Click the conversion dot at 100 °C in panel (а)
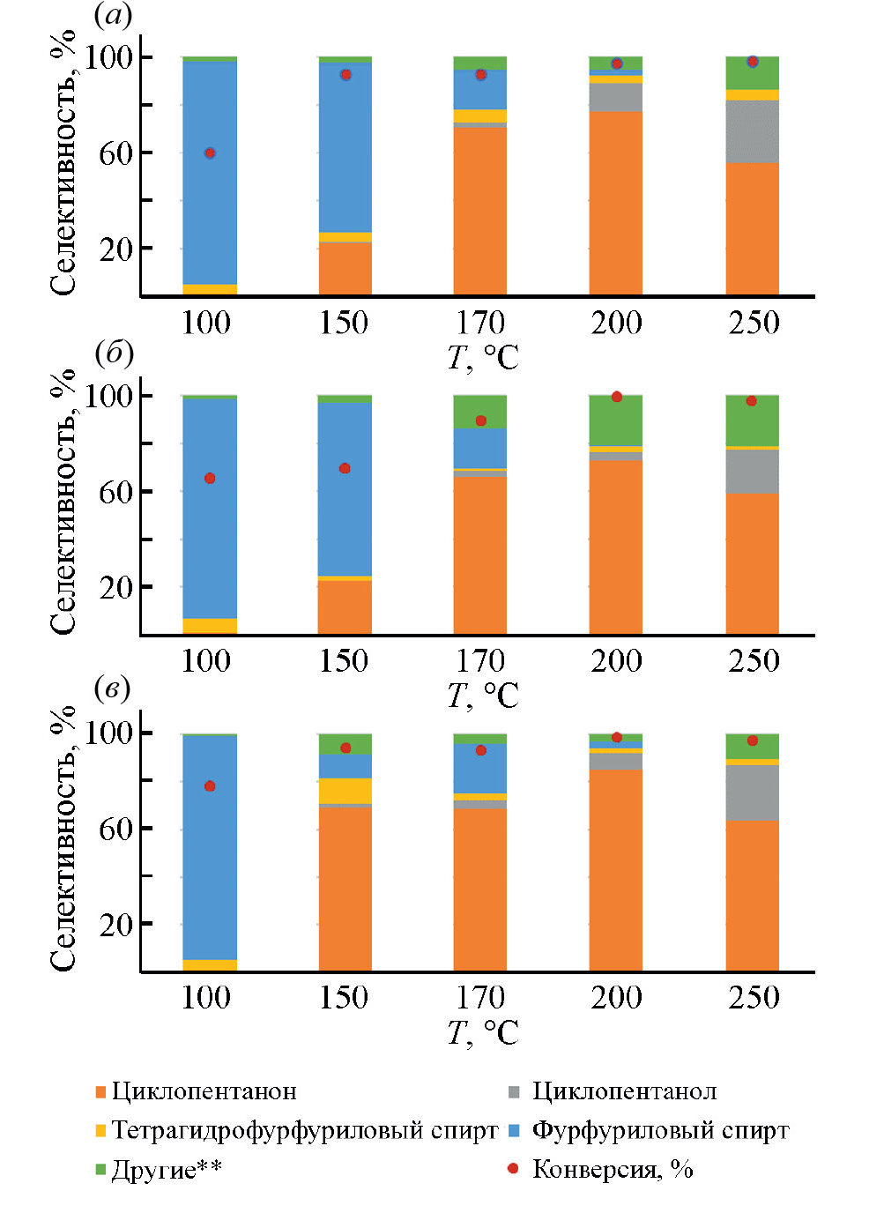210,153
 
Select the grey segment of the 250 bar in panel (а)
752,131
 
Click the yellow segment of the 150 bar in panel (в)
345,791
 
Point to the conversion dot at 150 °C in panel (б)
345,468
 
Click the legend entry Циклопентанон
204,1091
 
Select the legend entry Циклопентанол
624,1091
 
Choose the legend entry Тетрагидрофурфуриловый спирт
304,1130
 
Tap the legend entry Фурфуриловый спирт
660,1130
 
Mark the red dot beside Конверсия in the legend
513,1169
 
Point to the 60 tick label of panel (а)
115,153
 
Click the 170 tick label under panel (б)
480,660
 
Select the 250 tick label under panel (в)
754,997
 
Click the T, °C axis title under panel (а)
482,357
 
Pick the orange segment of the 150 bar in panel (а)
345,268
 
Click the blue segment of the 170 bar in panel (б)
480,448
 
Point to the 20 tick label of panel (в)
115,925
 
